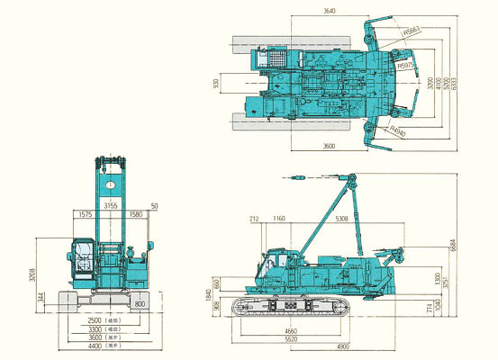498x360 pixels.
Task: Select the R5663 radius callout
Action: point(413,31)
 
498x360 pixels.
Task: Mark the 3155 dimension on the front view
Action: point(112,206)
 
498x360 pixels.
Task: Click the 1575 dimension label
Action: point(87,214)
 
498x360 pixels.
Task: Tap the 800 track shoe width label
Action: point(140,305)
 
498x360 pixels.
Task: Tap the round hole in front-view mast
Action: point(109,186)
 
